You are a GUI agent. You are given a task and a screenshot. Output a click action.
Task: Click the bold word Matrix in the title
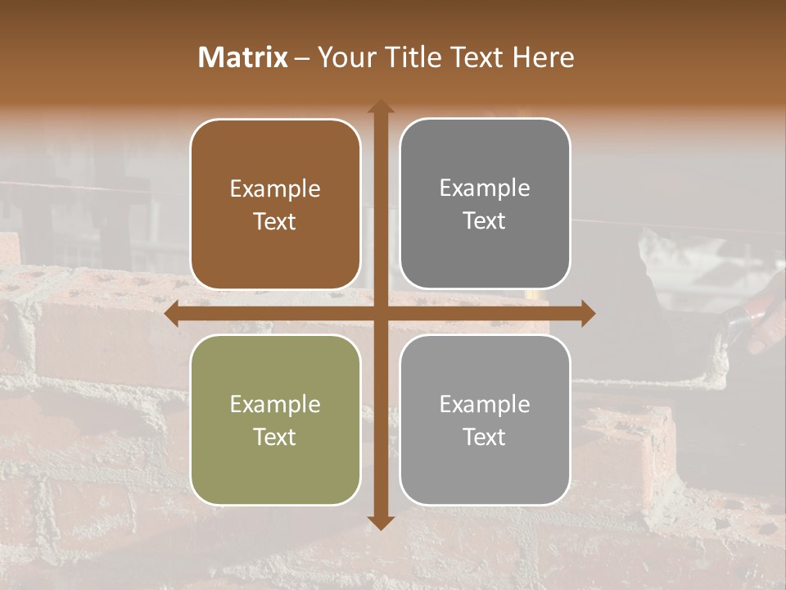click(x=243, y=57)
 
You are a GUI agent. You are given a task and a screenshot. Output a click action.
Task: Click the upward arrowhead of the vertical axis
click(x=381, y=106)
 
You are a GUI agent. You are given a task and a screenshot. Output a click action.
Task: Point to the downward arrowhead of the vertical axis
click(x=381, y=522)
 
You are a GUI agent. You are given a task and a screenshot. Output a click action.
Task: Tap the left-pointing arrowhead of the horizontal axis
click(x=172, y=314)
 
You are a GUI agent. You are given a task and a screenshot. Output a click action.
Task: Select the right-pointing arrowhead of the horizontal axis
click(x=587, y=314)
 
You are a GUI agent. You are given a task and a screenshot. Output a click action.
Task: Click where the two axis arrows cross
click(x=381, y=314)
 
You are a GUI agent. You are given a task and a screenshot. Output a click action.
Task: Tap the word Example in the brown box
click(x=275, y=189)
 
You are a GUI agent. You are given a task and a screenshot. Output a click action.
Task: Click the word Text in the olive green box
click(x=275, y=437)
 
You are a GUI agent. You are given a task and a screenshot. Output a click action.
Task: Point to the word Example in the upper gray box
click(x=485, y=188)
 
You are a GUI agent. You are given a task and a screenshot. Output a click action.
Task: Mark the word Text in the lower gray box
click(x=485, y=437)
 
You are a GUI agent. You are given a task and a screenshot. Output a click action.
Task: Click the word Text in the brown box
click(x=275, y=221)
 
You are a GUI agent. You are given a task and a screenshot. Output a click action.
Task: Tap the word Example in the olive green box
click(x=275, y=405)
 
